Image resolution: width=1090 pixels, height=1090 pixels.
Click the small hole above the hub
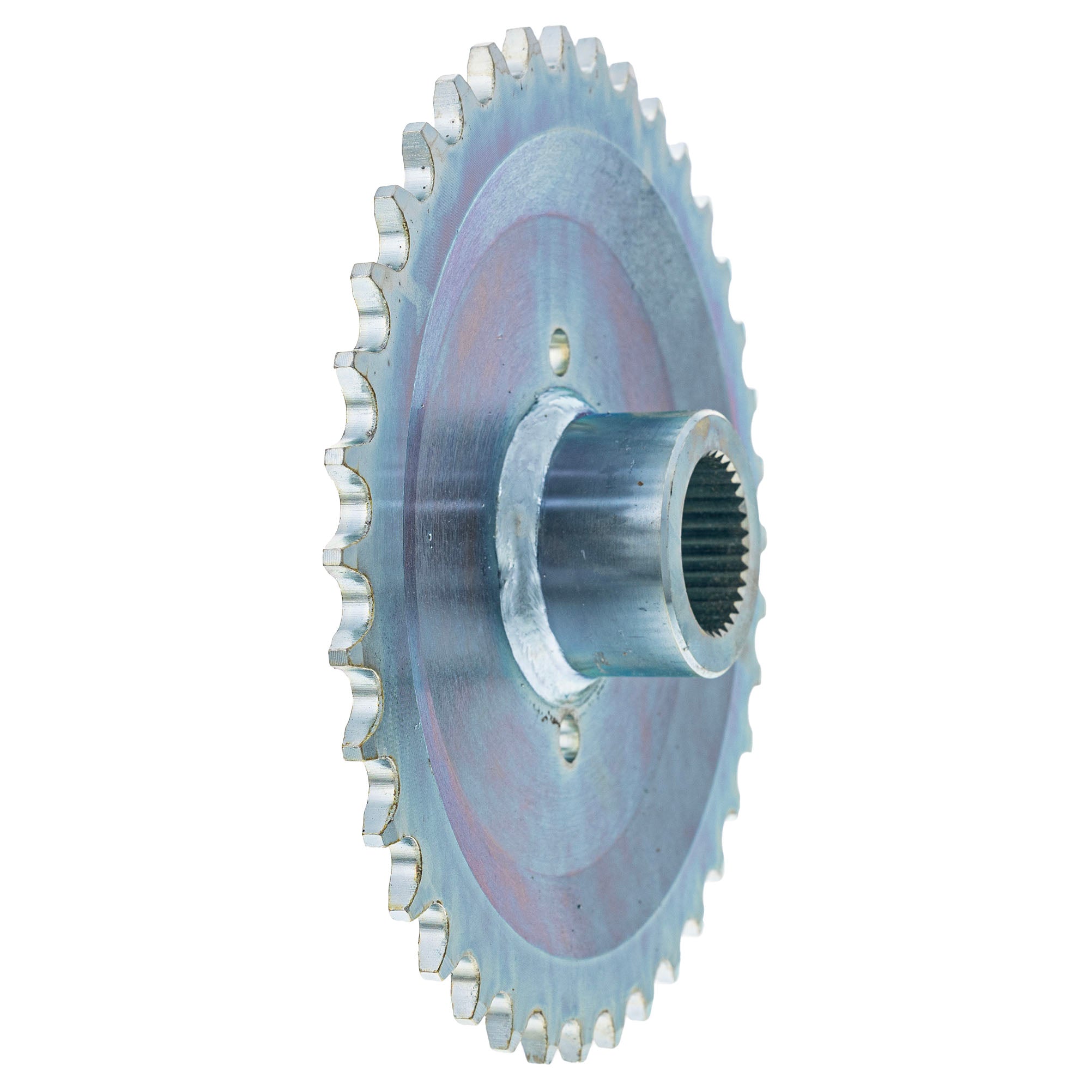tap(559, 352)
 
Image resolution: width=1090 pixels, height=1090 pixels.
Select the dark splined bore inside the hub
tap(717, 542)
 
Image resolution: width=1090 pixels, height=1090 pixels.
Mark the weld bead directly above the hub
tap(556, 402)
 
